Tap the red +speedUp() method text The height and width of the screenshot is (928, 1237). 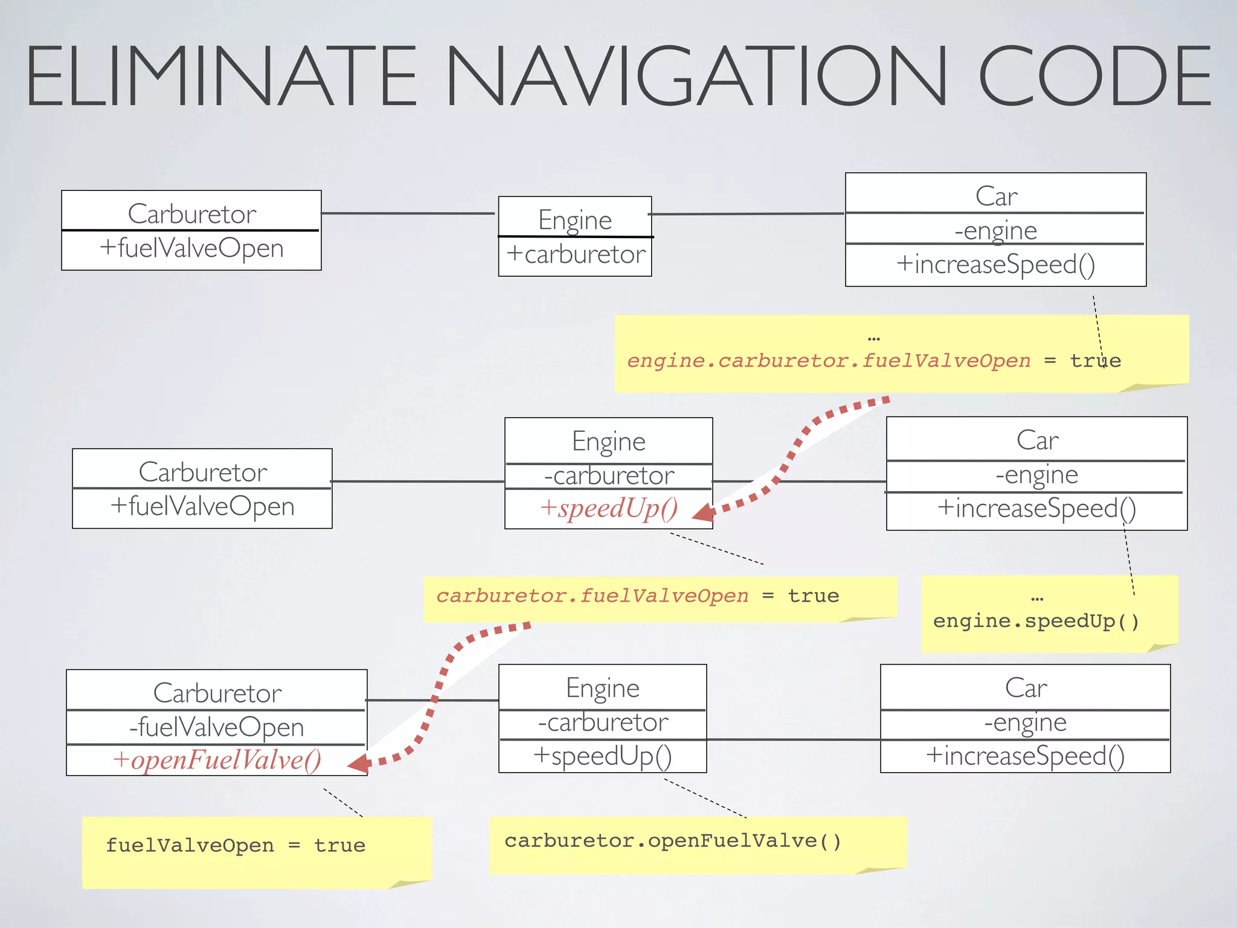point(609,508)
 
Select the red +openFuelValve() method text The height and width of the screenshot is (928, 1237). point(217,760)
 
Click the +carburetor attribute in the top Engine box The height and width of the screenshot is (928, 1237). point(576,254)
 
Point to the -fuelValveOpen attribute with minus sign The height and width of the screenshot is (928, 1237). point(216,727)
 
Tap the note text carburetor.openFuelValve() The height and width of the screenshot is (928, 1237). point(673,841)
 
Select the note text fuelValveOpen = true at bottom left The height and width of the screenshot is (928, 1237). point(236,845)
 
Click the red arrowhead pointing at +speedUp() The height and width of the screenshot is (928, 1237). point(703,513)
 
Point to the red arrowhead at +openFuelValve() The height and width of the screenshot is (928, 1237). point(359,764)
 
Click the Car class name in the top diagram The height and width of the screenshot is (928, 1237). point(996,196)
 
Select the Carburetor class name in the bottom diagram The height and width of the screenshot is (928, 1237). point(217,693)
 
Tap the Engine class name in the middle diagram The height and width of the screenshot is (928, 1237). point(609,442)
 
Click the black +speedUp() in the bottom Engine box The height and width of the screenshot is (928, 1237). point(602,756)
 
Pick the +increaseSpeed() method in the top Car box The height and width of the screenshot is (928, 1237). point(995,265)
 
